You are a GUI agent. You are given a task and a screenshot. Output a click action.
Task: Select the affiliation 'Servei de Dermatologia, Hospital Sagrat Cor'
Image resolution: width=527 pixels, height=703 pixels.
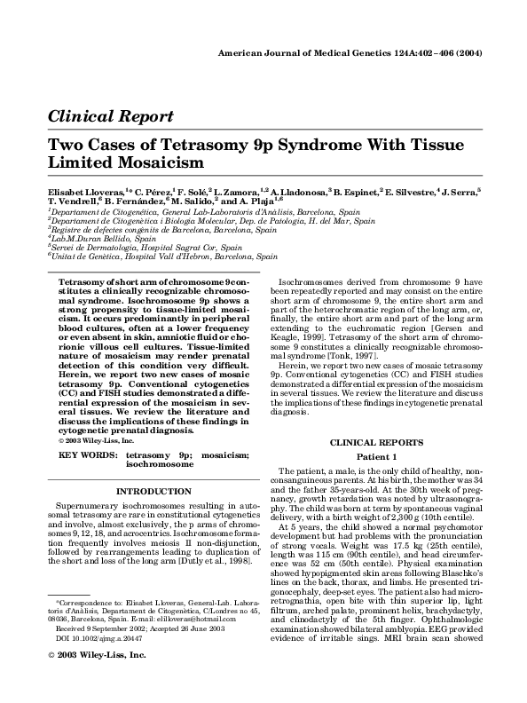[x=131, y=248]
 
